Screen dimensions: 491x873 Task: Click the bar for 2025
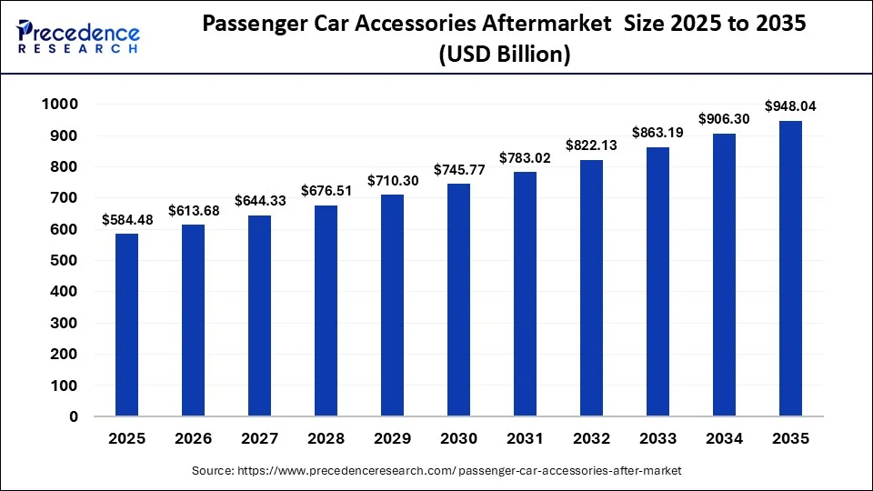click(126, 325)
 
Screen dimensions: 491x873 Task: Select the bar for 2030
click(459, 300)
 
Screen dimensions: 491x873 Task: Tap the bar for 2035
click(790, 268)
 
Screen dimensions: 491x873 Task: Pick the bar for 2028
click(326, 311)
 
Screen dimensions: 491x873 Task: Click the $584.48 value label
click(126, 219)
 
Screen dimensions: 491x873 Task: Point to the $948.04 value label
click(790, 106)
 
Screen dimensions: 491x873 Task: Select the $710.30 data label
click(393, 180)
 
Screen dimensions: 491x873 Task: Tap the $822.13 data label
click(591, 145)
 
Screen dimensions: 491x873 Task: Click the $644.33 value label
click(259, 200)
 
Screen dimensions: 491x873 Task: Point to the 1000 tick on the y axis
click(60, 105)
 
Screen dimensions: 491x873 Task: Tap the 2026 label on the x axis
click(193, 438)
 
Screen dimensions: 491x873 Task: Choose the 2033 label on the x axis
click(657, 438)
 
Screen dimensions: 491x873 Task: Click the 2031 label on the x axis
click(525, 438)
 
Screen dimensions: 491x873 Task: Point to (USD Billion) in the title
click(505, 55)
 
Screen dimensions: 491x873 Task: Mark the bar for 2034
click(724, 275)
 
